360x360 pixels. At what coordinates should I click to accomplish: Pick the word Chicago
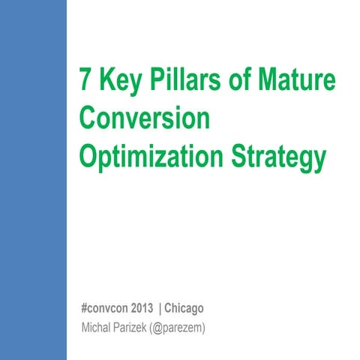click(x=184, y=309)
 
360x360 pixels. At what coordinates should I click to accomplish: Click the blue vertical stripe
click(x=34, y=180)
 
